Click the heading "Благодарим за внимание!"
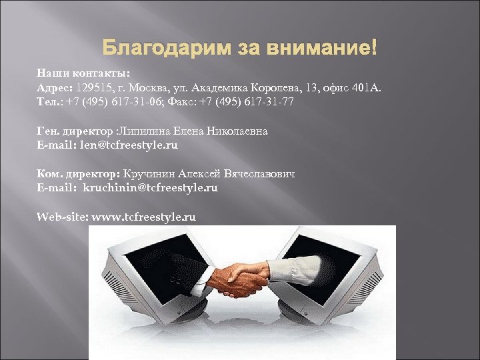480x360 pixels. coord(240,48)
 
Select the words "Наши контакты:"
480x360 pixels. coord(83,73)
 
